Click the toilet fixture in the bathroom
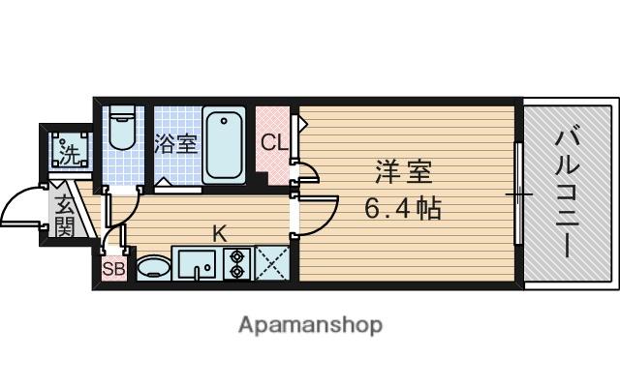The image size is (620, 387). point(122,129)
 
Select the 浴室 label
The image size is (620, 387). point(176,144)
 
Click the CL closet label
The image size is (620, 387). point(273,143)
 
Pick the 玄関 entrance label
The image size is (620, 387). point(64,215)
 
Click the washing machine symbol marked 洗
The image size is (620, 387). point(69,152)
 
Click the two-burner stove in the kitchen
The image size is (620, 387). point(237,263)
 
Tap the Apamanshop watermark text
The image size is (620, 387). point(310,324)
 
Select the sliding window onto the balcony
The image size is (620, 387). point(519,194)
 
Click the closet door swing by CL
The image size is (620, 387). point(308,174)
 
